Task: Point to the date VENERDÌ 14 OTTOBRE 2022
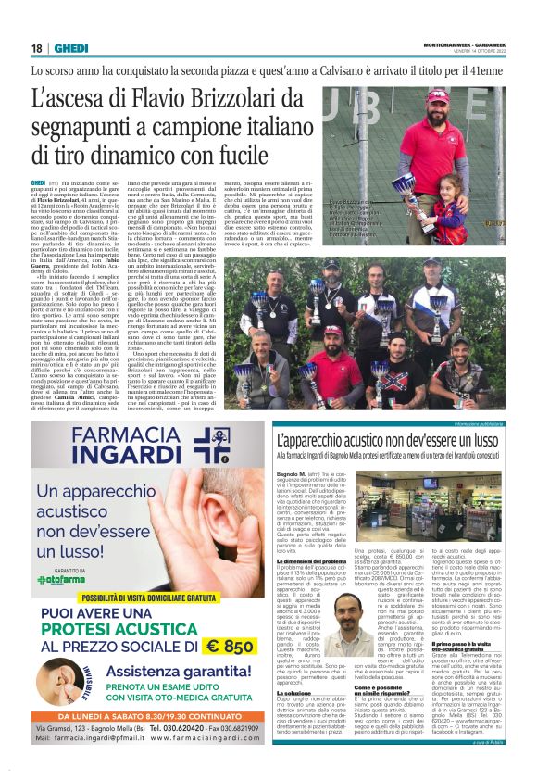coord(486,52)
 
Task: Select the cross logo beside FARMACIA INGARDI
coord(211,445)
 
